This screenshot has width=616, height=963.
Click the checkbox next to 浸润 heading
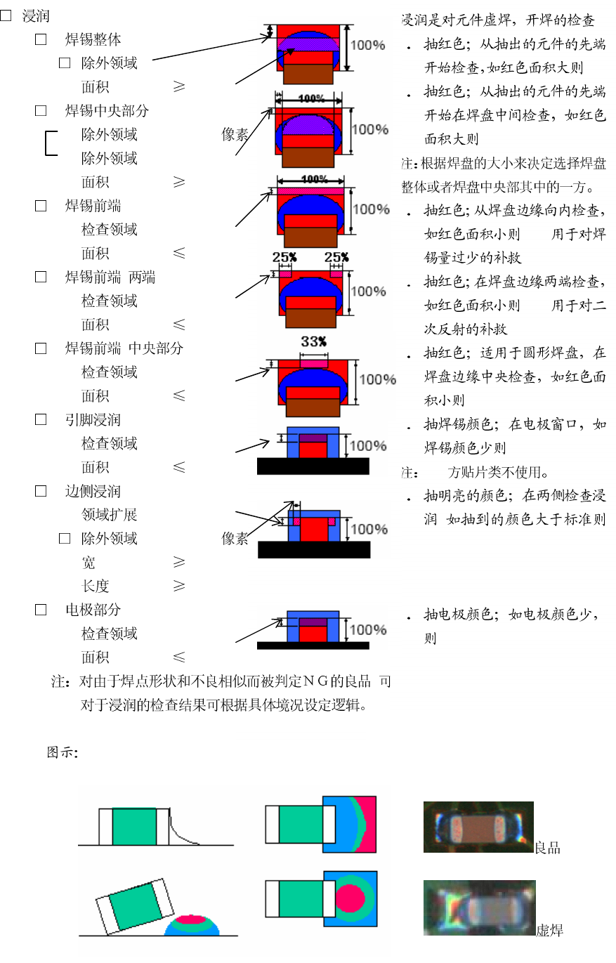[6, 15]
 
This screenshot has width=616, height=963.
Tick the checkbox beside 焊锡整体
[41, 39]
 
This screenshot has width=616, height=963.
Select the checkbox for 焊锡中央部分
[41, 110]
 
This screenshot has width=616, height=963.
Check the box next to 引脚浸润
[41, 419]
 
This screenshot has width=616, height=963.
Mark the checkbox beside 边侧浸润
[41, 491]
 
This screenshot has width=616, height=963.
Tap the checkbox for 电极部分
[41, 610]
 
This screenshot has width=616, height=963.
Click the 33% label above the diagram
[314, 341]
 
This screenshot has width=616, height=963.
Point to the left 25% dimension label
[284, 257]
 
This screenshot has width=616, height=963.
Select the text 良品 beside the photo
[547, 848]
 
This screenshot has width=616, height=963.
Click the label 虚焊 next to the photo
[549, 931]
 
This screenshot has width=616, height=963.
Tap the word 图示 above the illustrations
[60, 753]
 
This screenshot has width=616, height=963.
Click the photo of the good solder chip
[478, 827]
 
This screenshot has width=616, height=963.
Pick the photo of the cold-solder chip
[479, 908]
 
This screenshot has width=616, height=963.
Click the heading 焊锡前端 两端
[110, 277]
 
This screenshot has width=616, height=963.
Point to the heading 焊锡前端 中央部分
[124, 348]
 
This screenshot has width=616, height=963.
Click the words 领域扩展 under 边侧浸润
[109, 515]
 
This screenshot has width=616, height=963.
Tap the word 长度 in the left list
[96, 586]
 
